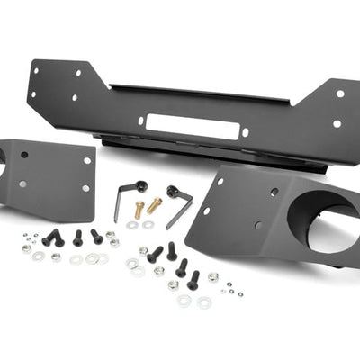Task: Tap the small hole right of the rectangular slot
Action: (x=244, y=131)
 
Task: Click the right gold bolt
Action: (x=154, y=205)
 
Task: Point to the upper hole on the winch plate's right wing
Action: (x=339, y=94)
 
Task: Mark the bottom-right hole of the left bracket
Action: (x=85, y=188)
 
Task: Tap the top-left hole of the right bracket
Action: (x=220, y=181)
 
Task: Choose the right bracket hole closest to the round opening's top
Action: (x=274, y=192)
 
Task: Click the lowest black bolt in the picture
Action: (x=193, y=280)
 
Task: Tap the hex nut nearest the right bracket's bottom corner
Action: (x=213, y=277)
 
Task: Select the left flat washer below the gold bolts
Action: (x=132, y=225)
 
